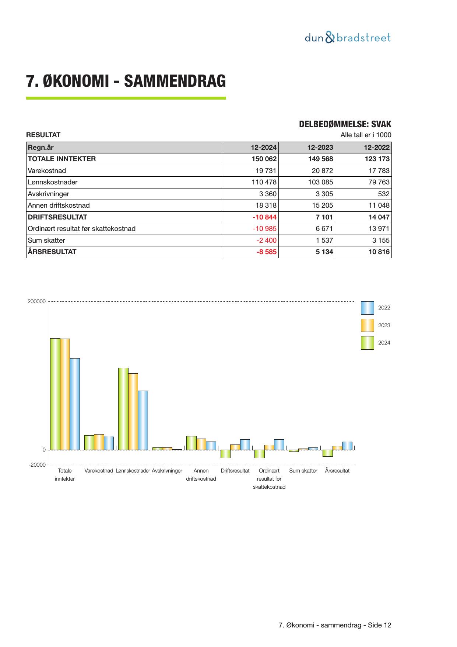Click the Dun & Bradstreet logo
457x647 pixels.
point(348,38)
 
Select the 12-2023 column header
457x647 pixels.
point(320,148)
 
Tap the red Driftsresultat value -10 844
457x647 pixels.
point(264,217)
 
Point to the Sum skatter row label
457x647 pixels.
point(46,241)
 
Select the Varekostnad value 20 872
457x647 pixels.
point(320,171)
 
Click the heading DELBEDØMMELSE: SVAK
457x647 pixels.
point(345,124)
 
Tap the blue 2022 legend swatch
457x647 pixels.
point(367,308)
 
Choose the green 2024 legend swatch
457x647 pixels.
point(367,343)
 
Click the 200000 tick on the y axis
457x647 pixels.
point(36,301)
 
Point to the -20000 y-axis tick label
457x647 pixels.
point(37,465)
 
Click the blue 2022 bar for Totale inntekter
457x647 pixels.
point(75,404)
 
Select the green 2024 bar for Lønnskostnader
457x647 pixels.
point(123,408)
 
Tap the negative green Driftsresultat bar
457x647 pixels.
point(225,454)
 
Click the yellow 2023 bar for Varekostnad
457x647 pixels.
point(99,442)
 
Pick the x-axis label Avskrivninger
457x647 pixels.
point(167,471)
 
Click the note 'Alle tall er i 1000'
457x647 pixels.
point(366,135)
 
